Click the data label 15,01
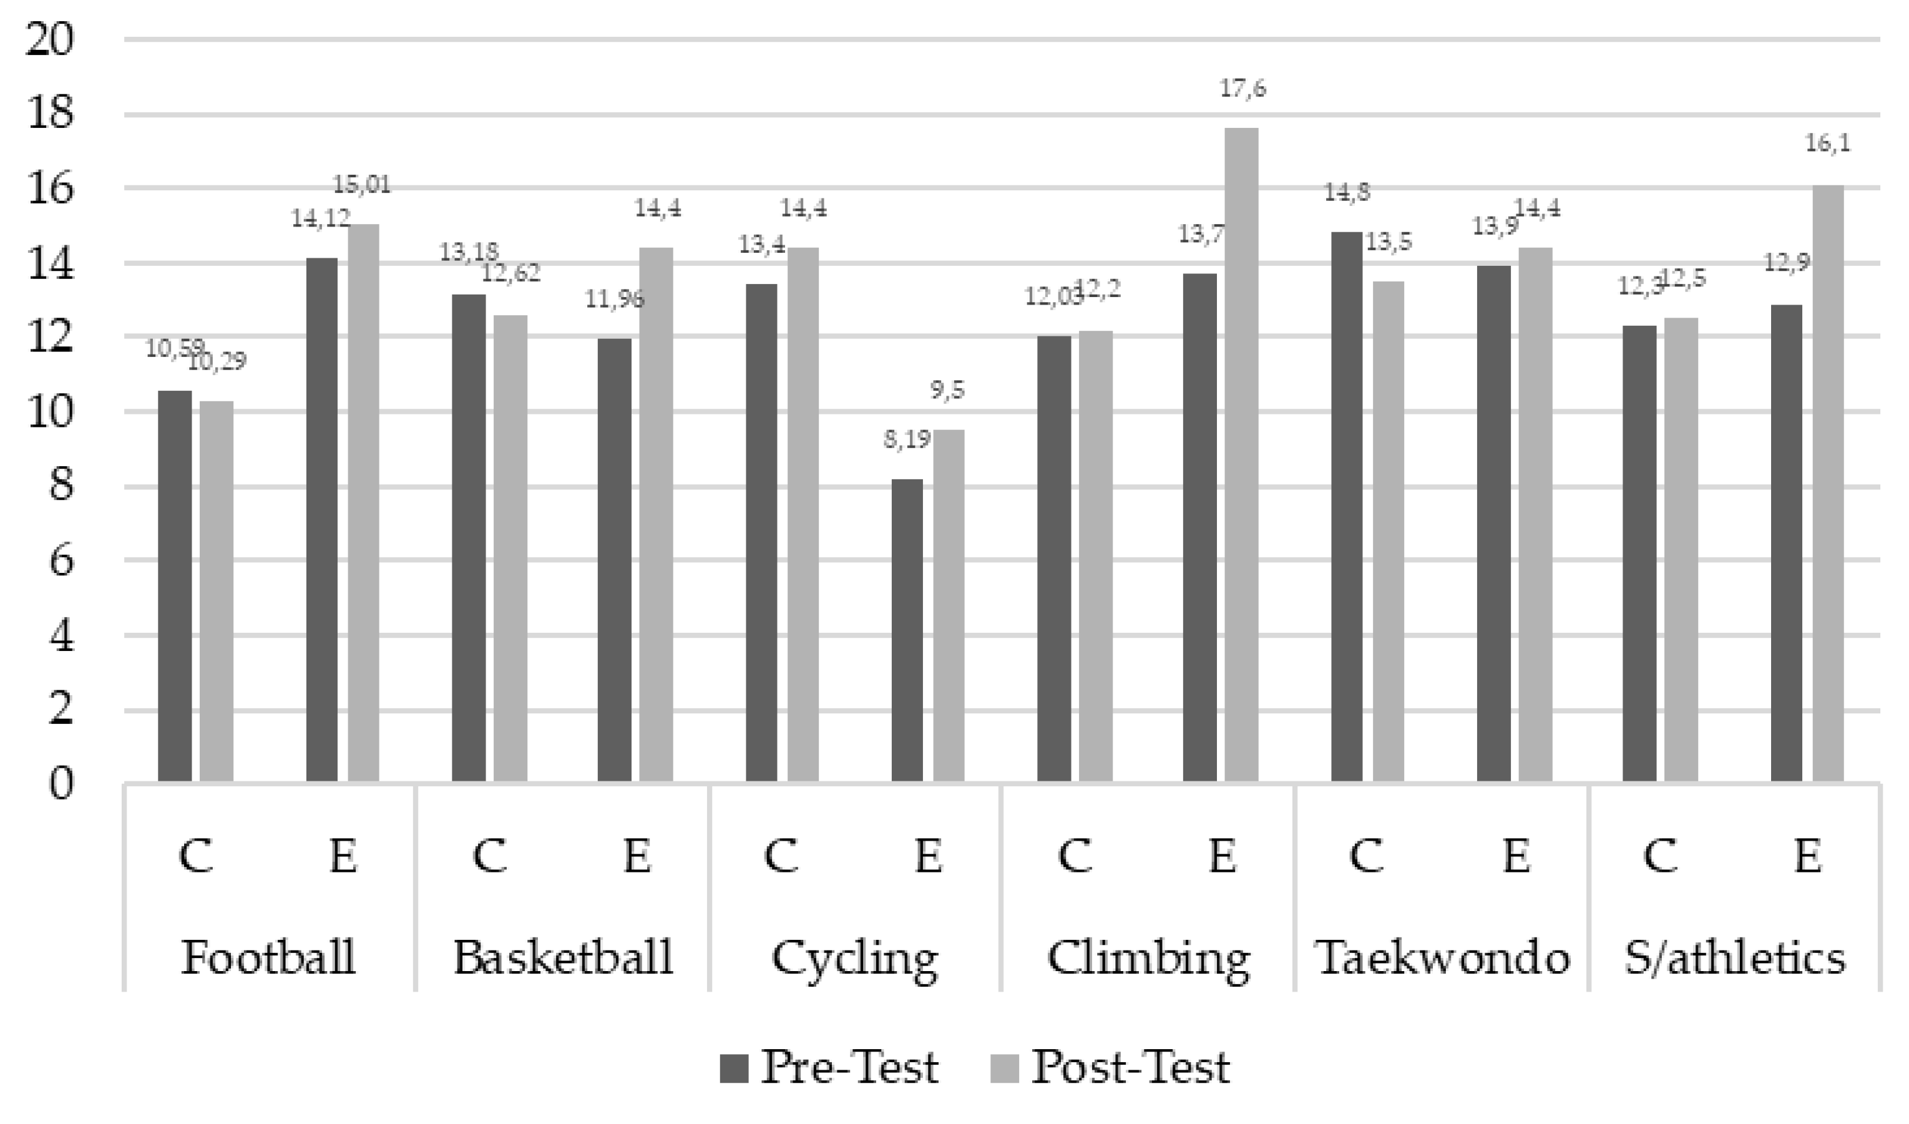coord(362,185)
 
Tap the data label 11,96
coord(614,300)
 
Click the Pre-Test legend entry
coord(829,1068)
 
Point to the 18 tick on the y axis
coord(50,114)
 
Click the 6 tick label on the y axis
coord(61,561)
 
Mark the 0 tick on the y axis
coord(61,784)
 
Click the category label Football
coord(268,957)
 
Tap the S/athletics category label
coord(1735,957)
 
